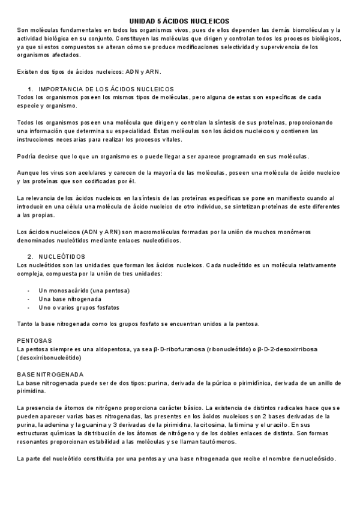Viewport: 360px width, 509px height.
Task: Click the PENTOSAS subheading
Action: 35,340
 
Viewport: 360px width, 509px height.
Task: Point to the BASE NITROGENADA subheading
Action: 50,374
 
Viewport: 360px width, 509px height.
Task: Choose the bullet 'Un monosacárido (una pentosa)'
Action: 84,291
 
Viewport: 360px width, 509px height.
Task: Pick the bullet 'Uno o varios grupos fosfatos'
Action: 79,307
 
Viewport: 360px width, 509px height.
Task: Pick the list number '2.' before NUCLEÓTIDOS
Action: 31,256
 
